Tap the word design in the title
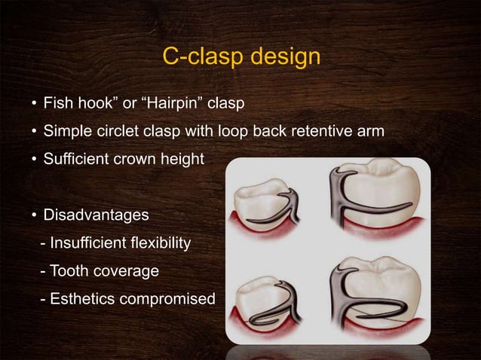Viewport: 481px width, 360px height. click(283, 57)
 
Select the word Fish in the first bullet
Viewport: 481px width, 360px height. click(57, 102)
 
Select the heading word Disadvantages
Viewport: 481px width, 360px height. click(96, 215)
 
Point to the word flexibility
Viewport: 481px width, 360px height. click(158, 243)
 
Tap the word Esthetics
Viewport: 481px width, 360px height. click(81, 299)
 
